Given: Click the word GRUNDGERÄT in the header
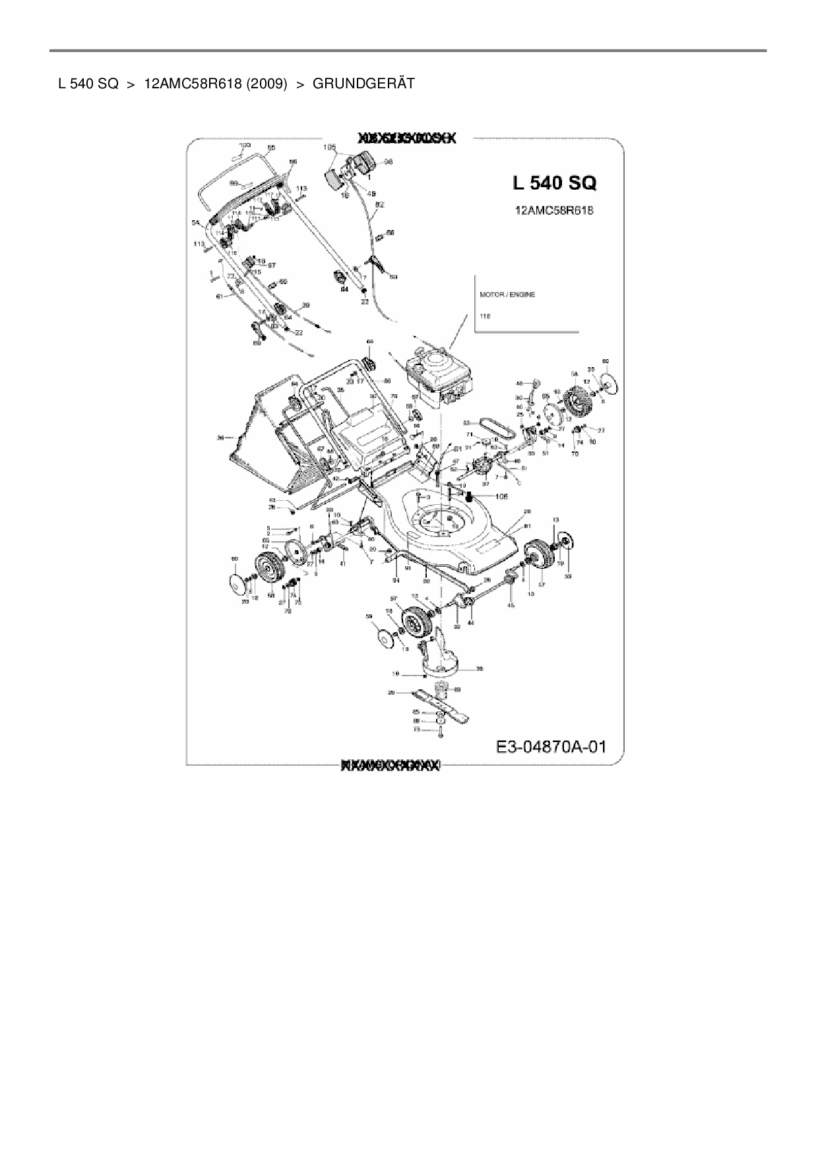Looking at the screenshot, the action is point(363,84).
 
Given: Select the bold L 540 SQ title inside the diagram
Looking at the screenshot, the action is point(554,184).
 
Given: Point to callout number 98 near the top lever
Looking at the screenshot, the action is point(388,161).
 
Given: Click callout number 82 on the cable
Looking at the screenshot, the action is point(379,205).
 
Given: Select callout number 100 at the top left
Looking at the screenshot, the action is point(245,144).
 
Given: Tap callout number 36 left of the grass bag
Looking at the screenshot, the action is point(222,437).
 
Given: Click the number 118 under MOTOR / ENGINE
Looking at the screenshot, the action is point(486,316).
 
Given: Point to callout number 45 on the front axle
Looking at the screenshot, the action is point(511,605).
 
